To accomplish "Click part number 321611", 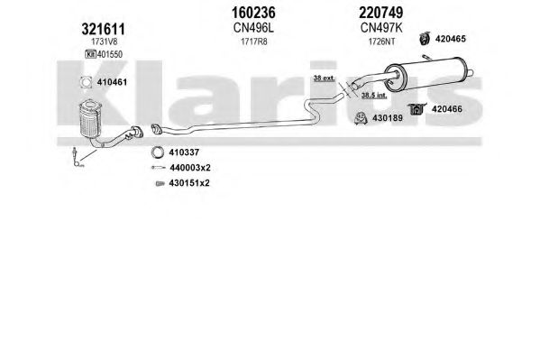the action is click(104, 29).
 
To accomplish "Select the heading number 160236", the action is click(253, 13).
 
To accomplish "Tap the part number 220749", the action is click(381, 13).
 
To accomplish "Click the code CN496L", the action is click(253, 28).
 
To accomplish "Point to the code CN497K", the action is click(381, 28).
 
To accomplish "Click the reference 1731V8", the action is click(104, 42).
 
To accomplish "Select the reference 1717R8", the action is click(254, 42).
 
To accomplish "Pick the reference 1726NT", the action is click(381, 42).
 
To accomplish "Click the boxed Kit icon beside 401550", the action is click(90, 54).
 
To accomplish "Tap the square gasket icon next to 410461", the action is click(86, 82).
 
